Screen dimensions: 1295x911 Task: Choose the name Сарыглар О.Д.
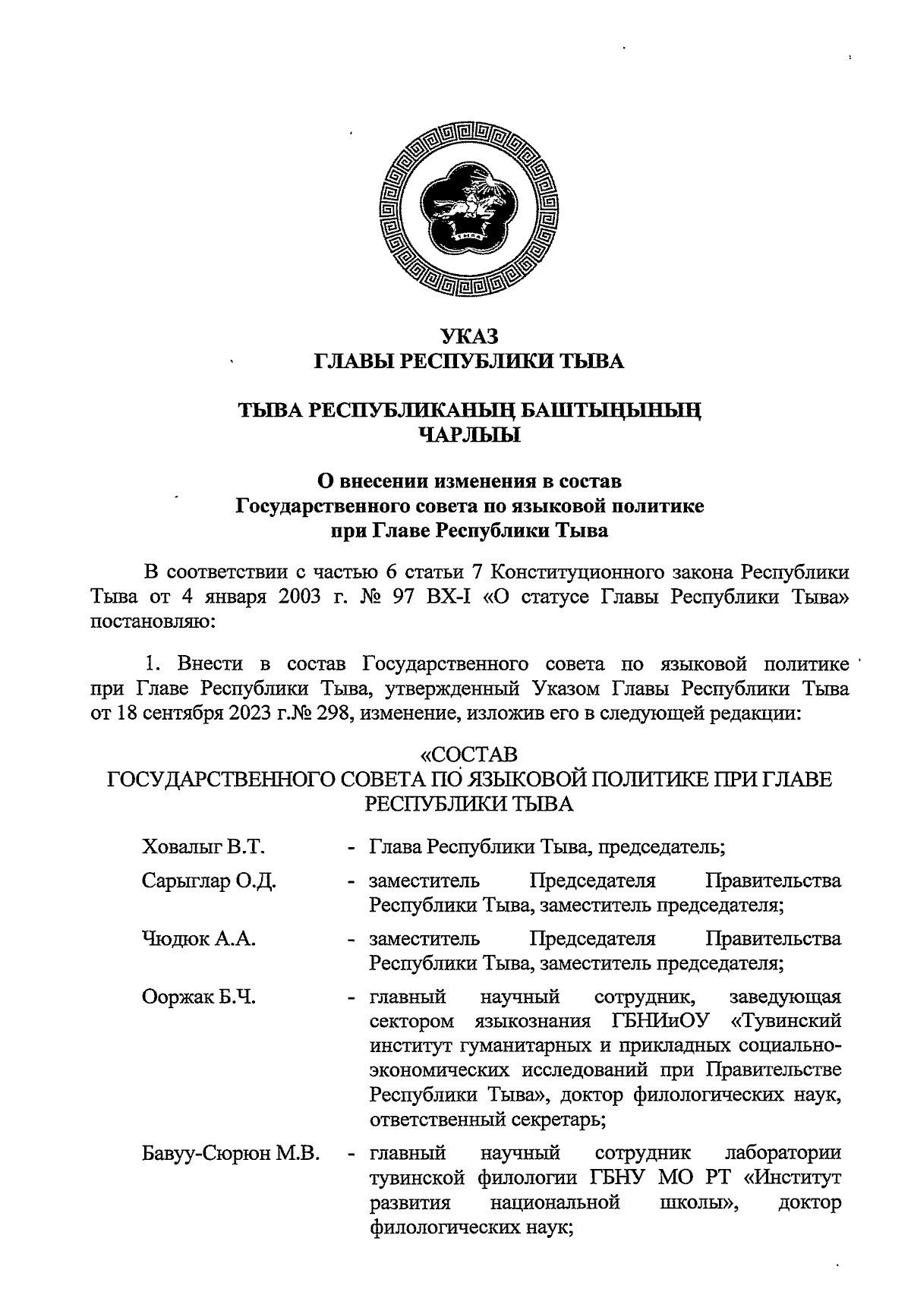(x=209, y=881)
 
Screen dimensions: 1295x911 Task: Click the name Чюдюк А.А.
(x=199, y=939)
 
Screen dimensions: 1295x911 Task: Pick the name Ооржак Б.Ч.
(x=199, y=997)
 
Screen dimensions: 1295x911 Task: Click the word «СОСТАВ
(x=469, y=755)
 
